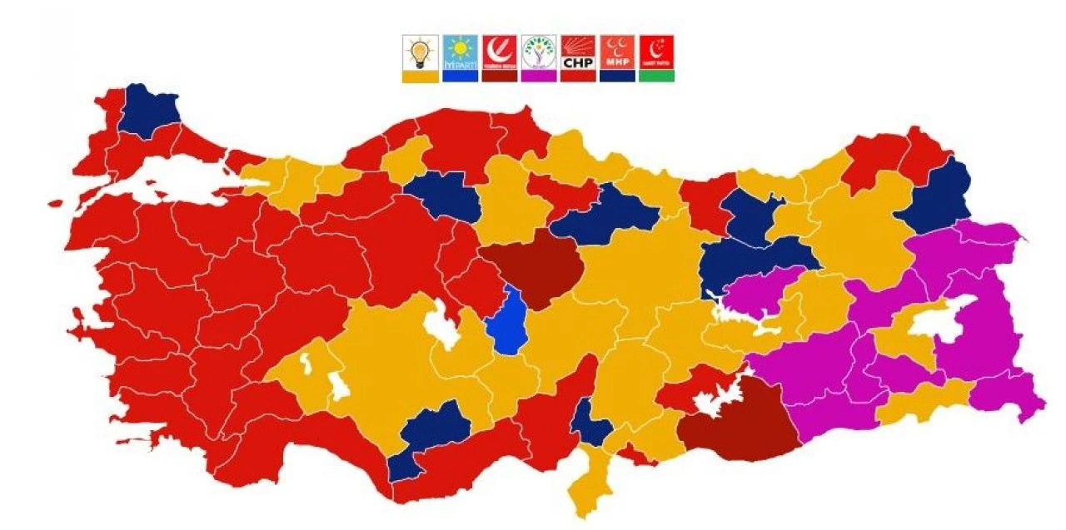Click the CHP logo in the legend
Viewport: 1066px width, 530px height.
click(577, 52)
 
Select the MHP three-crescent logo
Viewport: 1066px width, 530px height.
click(617, 52)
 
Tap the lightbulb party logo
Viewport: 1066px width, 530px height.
click(420, 52)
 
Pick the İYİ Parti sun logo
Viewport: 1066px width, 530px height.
click(460, 52)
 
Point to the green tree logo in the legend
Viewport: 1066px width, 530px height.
click(539, 52)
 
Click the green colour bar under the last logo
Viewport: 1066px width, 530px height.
click(656, 76)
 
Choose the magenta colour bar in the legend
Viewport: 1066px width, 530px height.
click(539, 76)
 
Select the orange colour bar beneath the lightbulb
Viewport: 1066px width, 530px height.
click(420, 76)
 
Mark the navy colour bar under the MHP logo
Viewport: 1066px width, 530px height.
click(617, 76)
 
